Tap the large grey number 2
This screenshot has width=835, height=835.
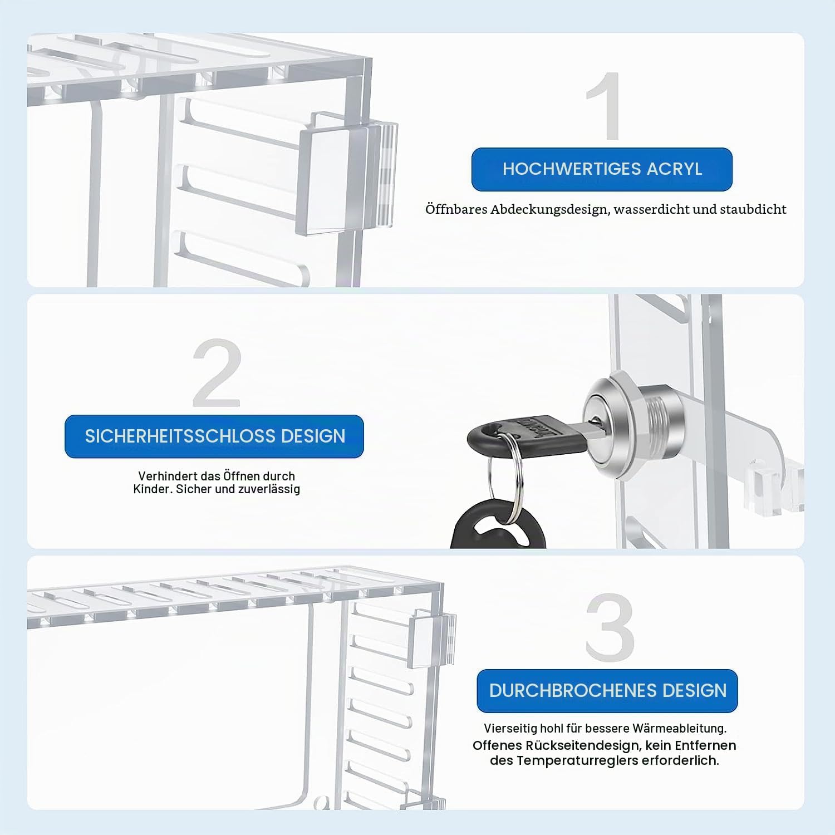(x=217, y=373)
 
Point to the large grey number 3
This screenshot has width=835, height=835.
(x=610, y=627)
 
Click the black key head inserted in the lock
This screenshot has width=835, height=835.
(x=527, y=436)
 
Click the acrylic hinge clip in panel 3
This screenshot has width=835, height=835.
(x=431, y=637)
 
